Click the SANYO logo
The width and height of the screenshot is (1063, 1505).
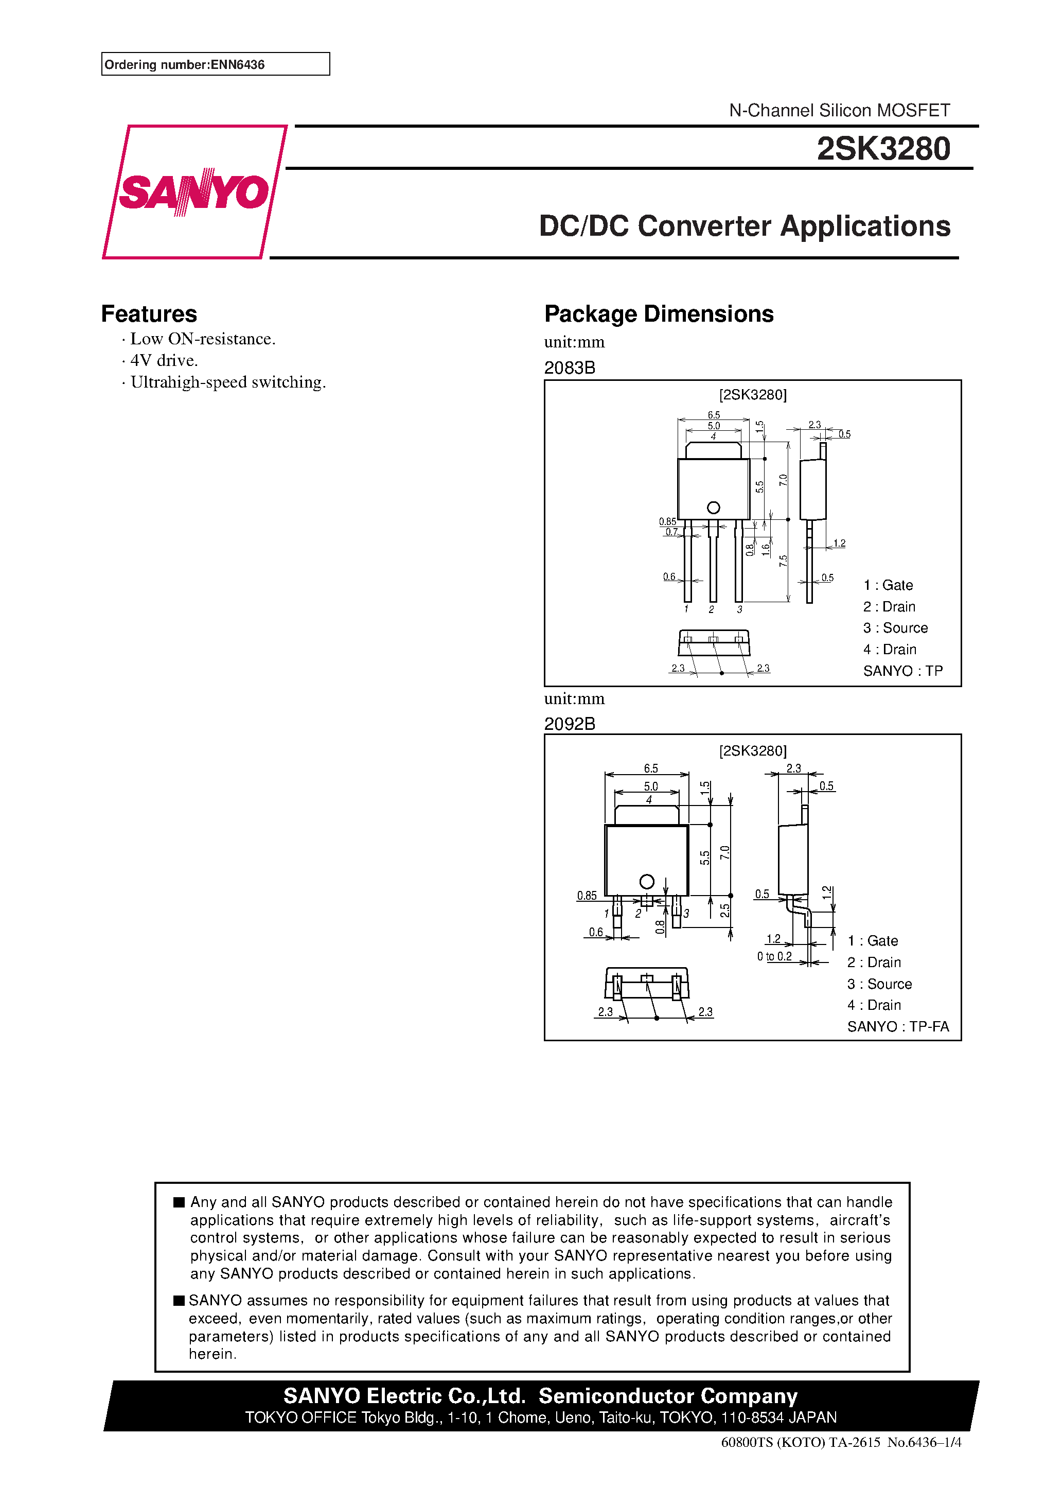pyautogui.click(x=194, y=192)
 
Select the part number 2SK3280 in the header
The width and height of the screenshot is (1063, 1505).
pyautogui.click(x=883, y=149)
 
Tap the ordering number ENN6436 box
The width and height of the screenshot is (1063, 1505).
pyautogui.click(x=215, y=64)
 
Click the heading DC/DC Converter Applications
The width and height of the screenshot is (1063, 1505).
pyautogui.click(x=744, y=226)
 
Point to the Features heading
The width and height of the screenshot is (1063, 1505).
pyautogui.click(x=149, y=314)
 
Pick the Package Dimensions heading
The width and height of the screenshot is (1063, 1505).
pyautogui.click(x=659, y=314)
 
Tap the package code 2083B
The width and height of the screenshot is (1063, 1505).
pyautogui.click(x=570, y=367)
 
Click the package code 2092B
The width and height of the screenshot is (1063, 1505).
pyautogui.click(x=570, y=724)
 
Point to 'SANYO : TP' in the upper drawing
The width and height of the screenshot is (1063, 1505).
pyautogui.click(x=902, y=671)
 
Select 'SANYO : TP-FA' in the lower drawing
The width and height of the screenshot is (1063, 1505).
pyautogui.click(x=897, y=1026)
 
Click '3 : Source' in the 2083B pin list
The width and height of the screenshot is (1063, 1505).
pyautogui.click(x=895, y=628)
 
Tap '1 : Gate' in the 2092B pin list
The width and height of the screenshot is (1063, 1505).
pyautogui.click(x=872, y=941)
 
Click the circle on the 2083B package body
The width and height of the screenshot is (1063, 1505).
pyautogui.click(x=713, y=507)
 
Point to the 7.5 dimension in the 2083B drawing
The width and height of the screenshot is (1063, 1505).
pyautogui.click(x=783, y=561)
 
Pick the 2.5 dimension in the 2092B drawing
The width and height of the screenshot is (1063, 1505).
pyautogui.click(x=725, y=911)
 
